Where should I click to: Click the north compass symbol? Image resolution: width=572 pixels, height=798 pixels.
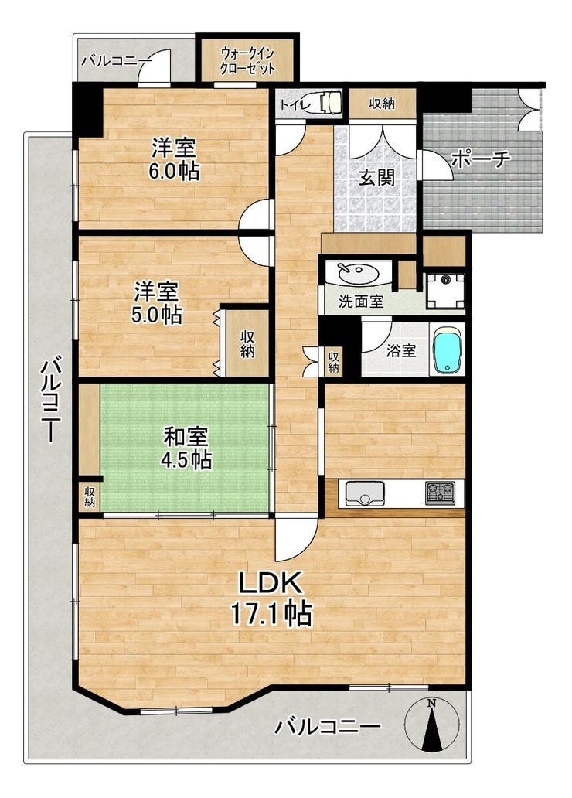point(431,724)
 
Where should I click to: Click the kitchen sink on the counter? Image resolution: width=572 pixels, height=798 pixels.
point(365,493)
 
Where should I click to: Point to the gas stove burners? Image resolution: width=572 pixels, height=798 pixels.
point(441,493)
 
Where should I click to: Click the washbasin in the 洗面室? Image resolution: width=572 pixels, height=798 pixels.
point(358,275)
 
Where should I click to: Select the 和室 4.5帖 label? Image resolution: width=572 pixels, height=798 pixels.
point(186,448)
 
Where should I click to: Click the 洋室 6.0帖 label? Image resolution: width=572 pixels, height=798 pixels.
point(174,159)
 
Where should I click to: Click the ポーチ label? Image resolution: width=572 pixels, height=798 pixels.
point(480,159)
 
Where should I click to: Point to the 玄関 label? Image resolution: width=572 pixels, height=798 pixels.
point(376,177)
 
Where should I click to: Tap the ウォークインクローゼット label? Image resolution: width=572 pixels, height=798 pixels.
point(248,61)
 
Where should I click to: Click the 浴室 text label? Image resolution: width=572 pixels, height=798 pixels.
point(401,350)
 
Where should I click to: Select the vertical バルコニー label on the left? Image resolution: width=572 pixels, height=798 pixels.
point(51,400)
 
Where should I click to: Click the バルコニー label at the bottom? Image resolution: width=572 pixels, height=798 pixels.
point(328,727)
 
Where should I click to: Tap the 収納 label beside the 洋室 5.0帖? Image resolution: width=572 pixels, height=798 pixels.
point(247,343)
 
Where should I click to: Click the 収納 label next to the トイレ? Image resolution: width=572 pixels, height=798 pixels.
point(382,104)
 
